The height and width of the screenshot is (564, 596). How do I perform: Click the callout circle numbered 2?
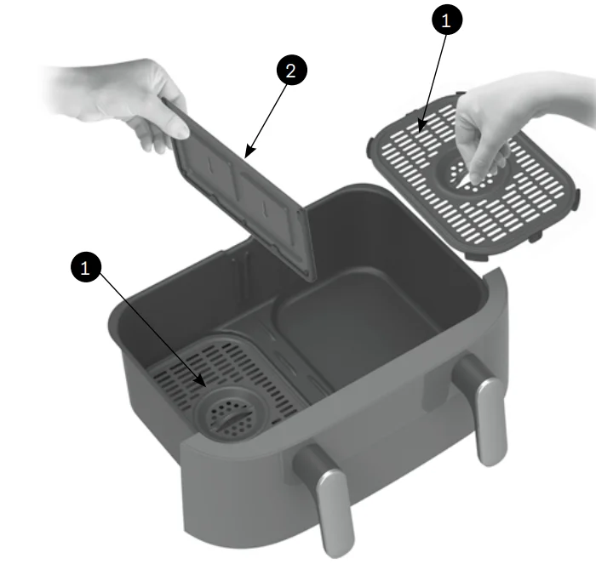pyautogui.click(x=291, y=71)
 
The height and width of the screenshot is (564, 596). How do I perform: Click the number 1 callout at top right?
pyautogui.click(x=447, y=20)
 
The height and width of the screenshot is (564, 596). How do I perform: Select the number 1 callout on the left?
pyautogui.click(x=86, y=267)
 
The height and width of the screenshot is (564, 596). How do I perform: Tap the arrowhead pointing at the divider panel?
pyautogui.click(x=249, y=152)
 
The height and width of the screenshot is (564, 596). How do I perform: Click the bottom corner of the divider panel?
pyautogui.click(x=314, y=280)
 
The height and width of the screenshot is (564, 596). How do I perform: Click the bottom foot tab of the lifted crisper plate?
pyautogui.click(x=479, y=256)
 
